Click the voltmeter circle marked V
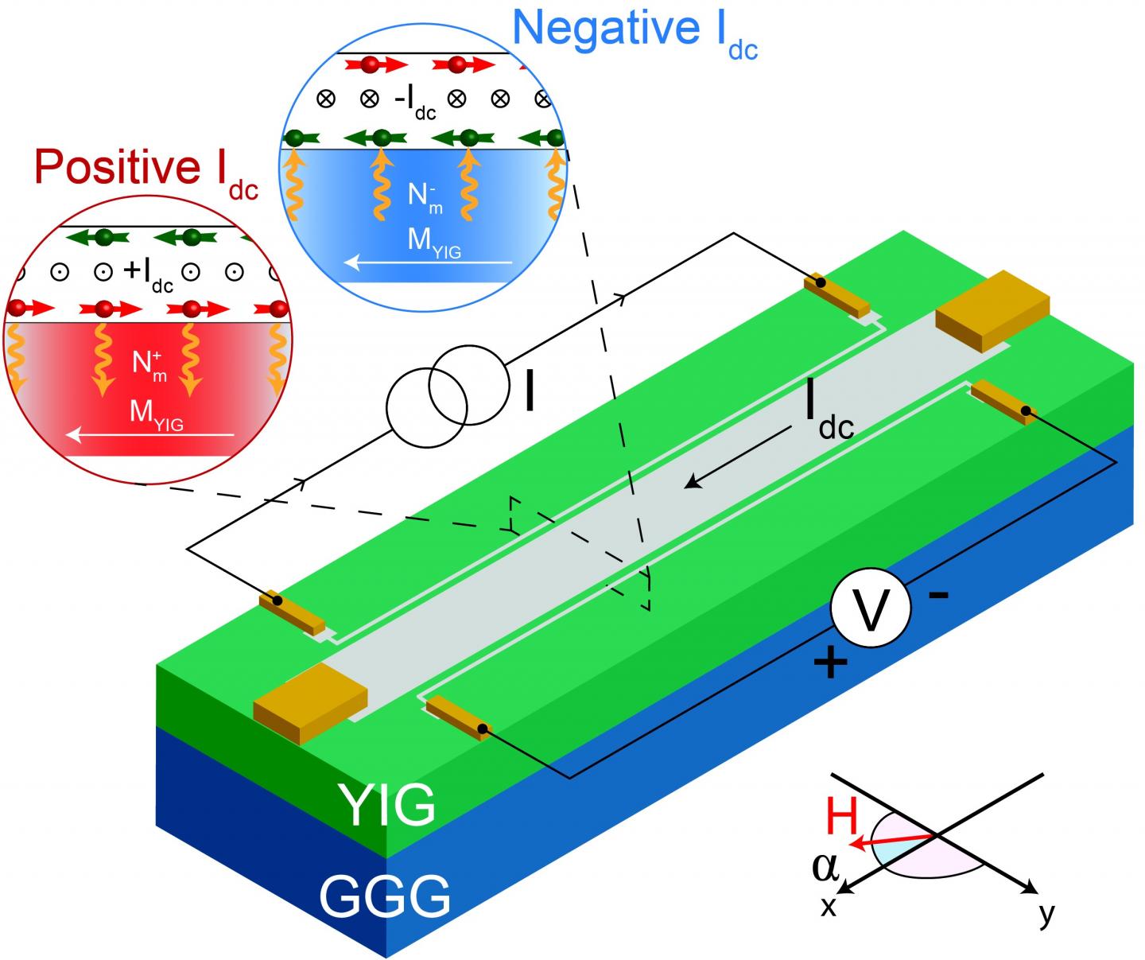pos(870,609)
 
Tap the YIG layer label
pos(387,804)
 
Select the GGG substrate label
pos(384,896)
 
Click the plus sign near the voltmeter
pos(829,663)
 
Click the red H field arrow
pos(891,840)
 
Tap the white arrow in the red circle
pos(151,435)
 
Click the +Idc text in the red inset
pos(149,273)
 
